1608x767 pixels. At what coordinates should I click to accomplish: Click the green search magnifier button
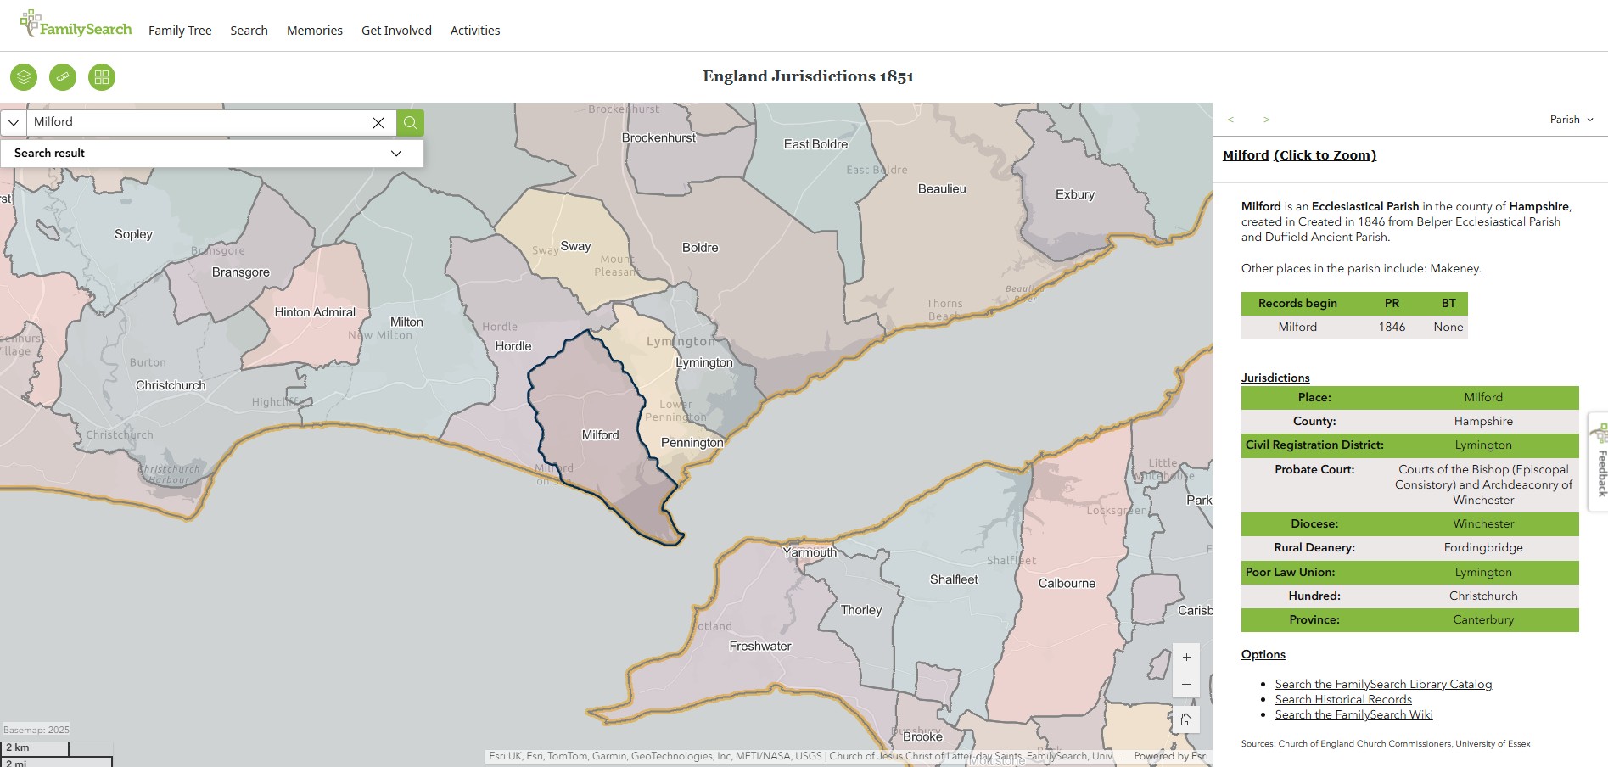410,123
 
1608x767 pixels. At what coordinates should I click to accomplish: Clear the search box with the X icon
378,123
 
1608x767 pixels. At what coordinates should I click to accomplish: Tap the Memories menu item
314,31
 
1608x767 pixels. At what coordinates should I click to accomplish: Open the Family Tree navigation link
180,31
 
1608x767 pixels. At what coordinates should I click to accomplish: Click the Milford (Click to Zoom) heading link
1298,155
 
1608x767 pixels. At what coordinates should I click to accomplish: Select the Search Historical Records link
1342,700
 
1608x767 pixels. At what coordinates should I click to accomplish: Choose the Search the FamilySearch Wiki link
1353,715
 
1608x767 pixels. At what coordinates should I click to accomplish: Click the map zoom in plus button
1185,658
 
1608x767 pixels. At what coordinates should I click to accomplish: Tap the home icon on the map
1185,720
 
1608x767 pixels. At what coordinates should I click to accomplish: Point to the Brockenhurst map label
658,138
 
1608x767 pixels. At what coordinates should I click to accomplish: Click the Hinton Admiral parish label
315,312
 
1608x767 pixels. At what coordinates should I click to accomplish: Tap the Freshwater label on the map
759,647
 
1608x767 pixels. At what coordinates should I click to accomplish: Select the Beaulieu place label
941,189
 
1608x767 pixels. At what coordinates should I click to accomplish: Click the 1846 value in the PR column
1391,328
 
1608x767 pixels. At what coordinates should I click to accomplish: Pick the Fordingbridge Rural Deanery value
1482,548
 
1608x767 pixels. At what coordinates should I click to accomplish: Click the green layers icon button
24,77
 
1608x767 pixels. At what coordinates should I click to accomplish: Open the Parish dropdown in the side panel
1571,120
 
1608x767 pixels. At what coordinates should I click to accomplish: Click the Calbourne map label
1066,584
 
